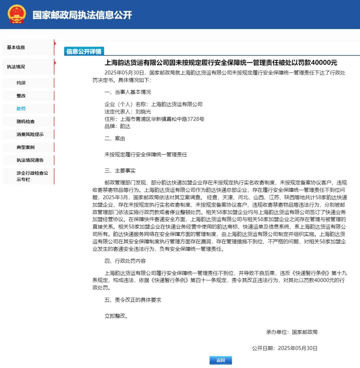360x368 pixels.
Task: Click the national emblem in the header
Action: (x=17, y=14)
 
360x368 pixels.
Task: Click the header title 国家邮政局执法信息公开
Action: (x=82, y=15)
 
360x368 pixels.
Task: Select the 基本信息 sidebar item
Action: (x=16, y=47)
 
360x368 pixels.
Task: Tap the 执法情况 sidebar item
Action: (x=16, y=67)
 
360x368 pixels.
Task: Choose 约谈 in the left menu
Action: (x=21, y=83)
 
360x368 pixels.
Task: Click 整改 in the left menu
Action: (x=21, y=96)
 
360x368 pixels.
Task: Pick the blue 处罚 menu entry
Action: (x=21, y=109)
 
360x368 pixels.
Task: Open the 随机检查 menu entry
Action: (x=26, y=122)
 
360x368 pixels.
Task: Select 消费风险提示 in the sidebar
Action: (x=30, y=135)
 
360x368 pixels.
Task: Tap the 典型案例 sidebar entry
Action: (x=26, y=147)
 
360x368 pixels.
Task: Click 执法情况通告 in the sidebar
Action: (x=30, y=160)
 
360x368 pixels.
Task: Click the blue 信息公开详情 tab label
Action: (x=84, y=51)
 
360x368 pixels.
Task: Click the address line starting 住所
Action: (x=154, y=119)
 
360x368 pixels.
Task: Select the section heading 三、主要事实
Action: (x=120, y=171)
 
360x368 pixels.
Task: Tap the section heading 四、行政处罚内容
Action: (x=125, y=261)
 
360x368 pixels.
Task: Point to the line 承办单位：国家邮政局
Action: (x=292, y=332)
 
